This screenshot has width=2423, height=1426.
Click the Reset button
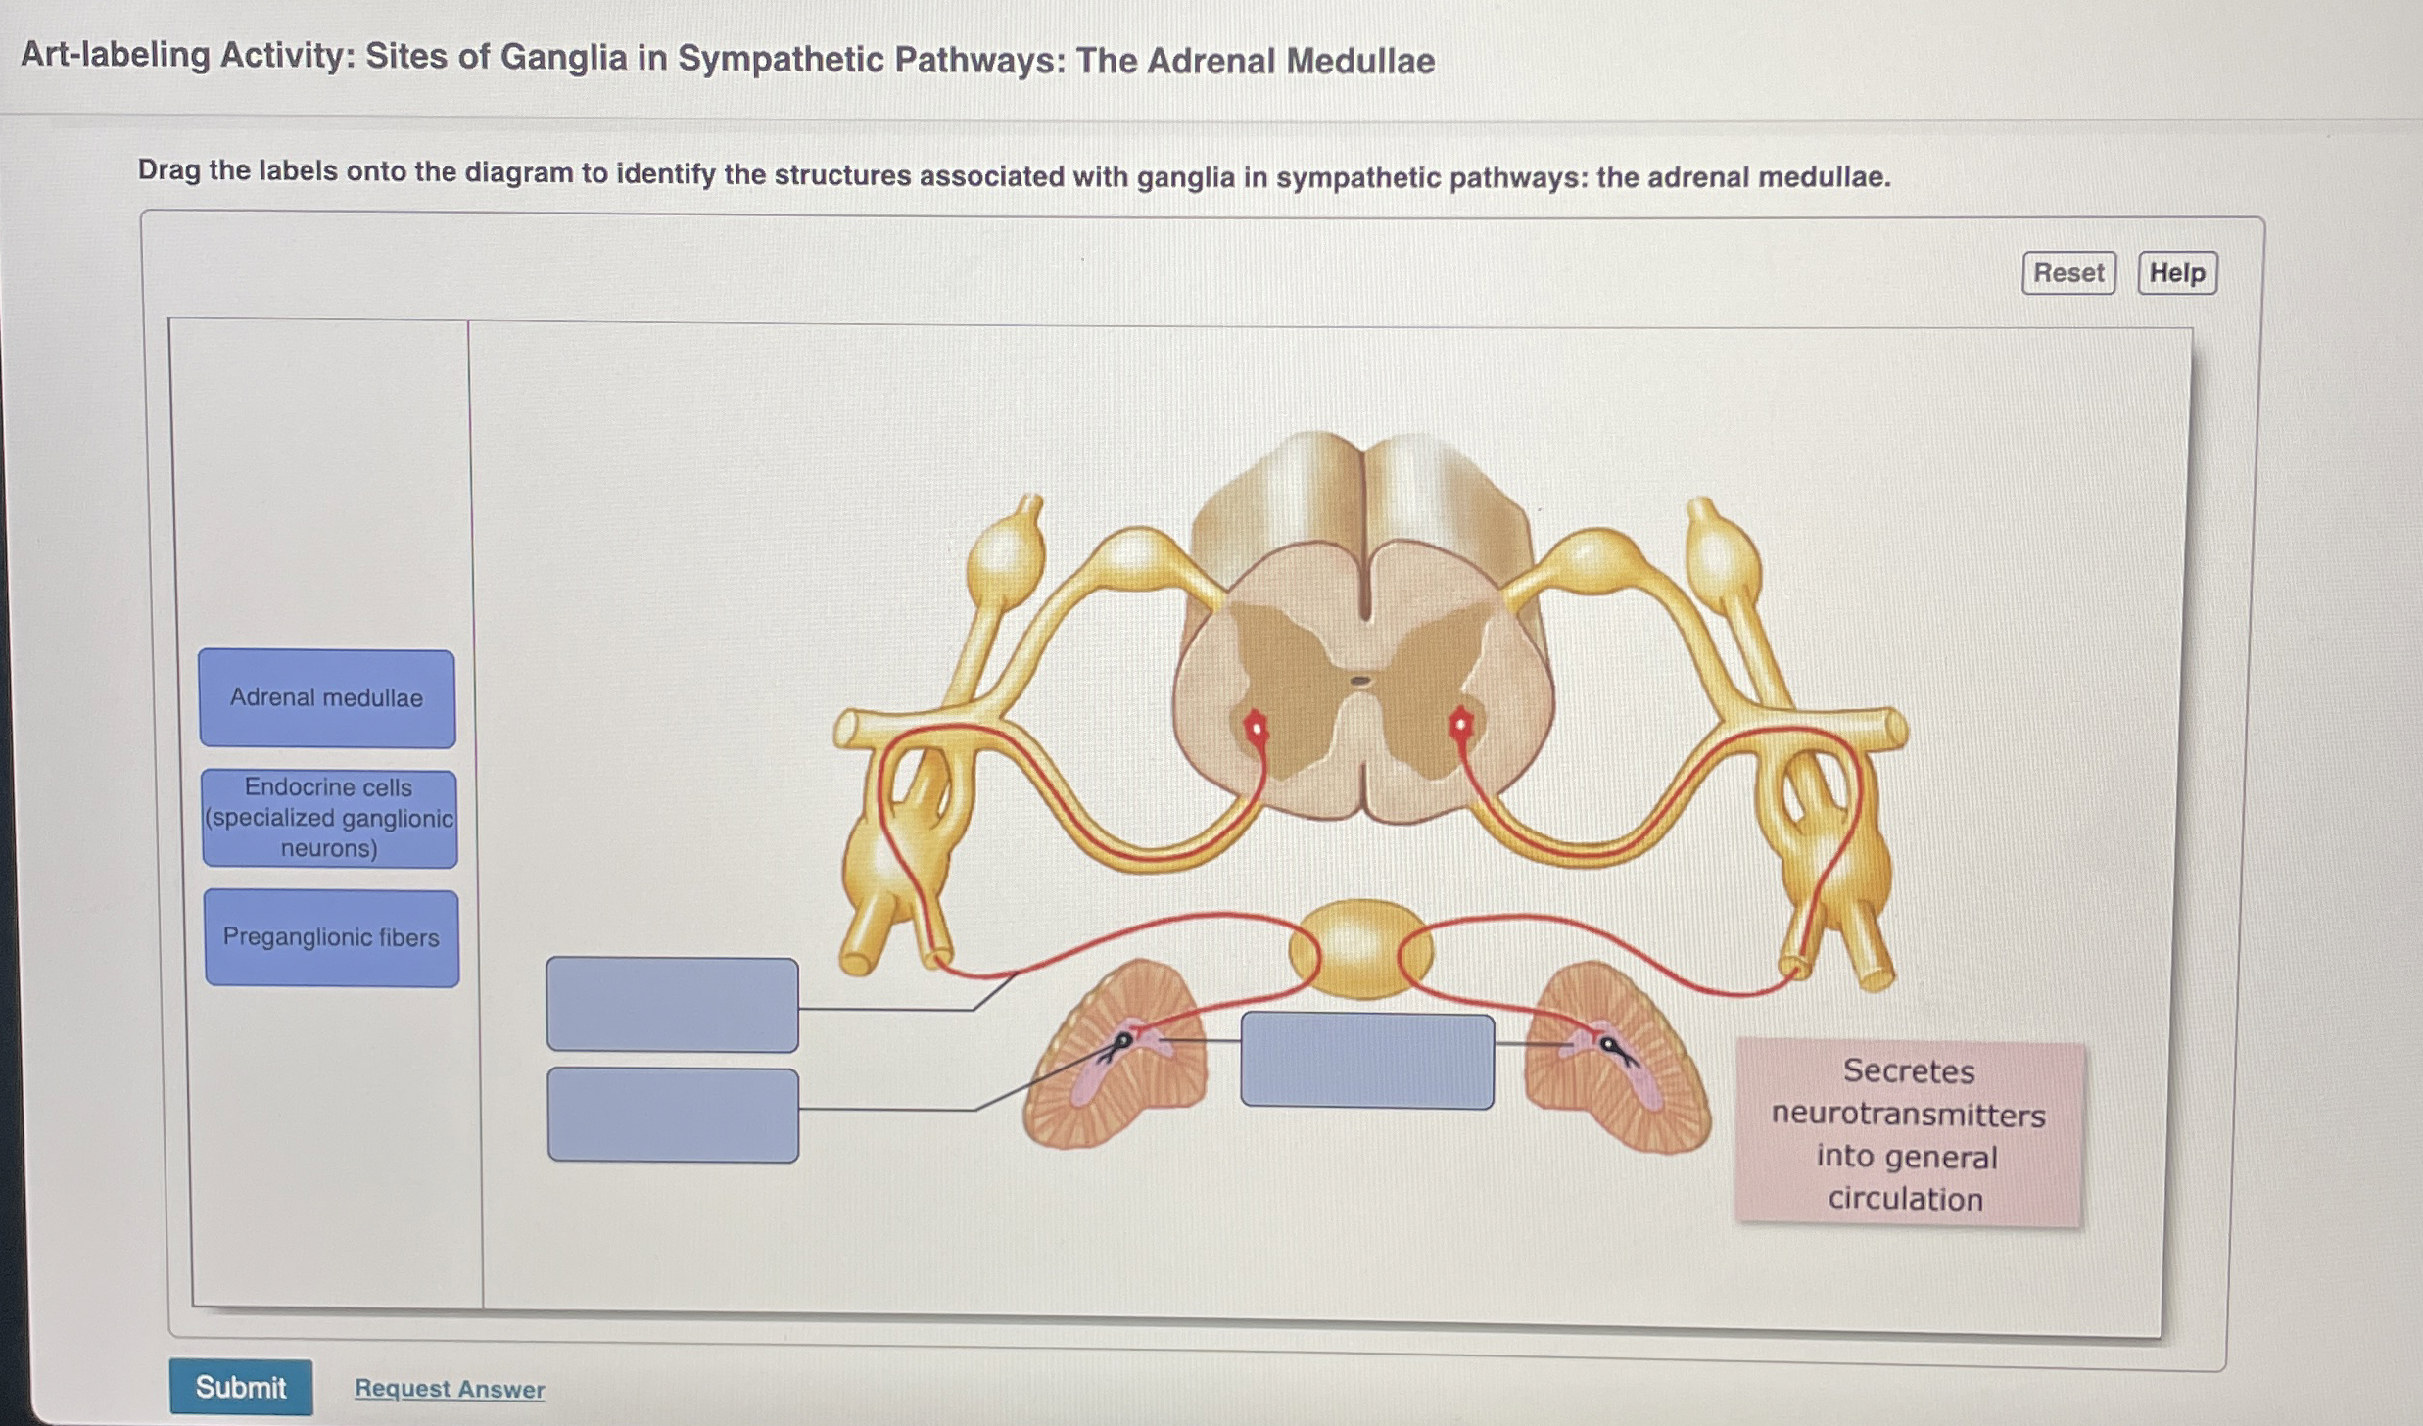[x=2068, y=272]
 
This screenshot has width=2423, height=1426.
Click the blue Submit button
[x=241, y=1386]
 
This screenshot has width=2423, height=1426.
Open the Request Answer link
[x=450, y=1388]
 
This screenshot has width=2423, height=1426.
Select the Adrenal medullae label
[x=327, y=698]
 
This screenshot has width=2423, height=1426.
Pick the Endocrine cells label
[x=329, y=818]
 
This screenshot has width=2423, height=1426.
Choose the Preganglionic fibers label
[x=331, y=937]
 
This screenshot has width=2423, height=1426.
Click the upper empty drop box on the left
[x=672, y=1004]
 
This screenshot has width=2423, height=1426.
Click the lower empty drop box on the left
[x=673, y=1115]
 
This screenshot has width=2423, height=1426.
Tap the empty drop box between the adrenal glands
[x=1367, y=1061]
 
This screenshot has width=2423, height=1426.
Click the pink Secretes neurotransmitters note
[x=1908, y=1134]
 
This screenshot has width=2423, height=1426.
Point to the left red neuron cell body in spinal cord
[x=1256, y=728]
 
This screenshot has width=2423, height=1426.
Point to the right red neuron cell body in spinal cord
[x=1461, y=726]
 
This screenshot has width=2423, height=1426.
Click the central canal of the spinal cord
[x=1360, y=680]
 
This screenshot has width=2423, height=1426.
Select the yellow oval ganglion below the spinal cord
[x=1360, y=948]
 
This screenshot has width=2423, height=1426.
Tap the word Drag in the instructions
[x=168, y=170]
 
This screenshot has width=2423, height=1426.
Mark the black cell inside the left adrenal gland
[x=1124, y=1040]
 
